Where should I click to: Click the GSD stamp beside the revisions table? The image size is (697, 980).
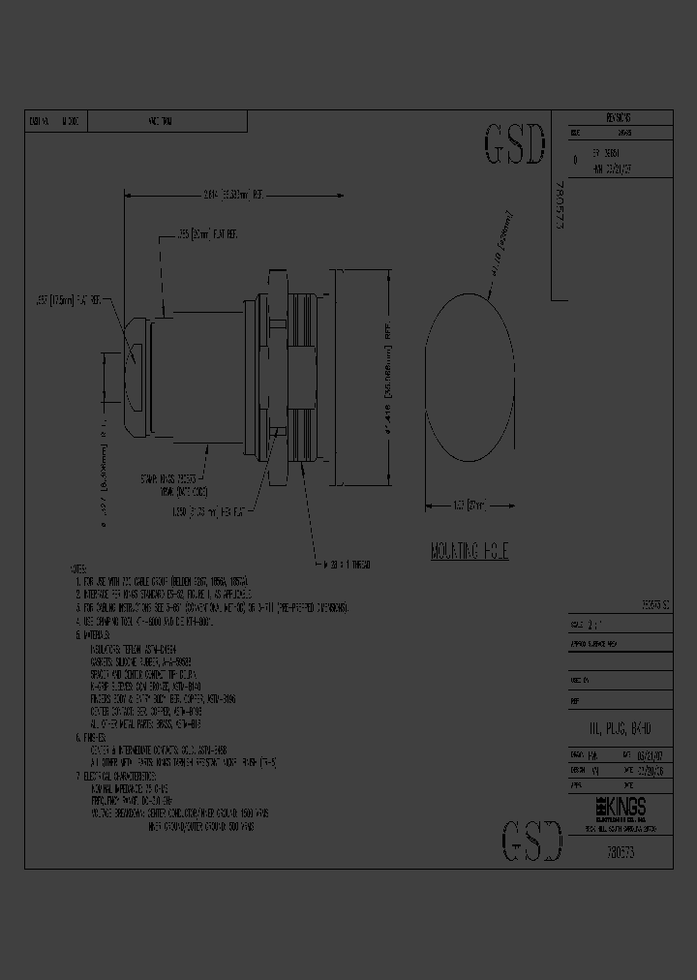pos(513,145)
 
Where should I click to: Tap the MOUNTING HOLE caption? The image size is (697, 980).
pos(470,552)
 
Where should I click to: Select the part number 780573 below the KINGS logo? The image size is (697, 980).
pos(620,850)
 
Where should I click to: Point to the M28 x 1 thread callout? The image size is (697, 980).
pos(348,564)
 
